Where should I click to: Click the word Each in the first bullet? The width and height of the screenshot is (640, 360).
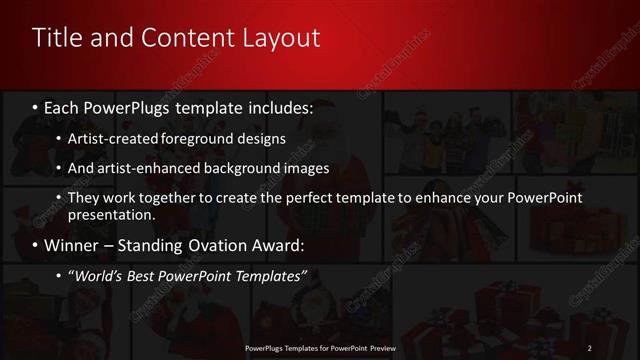coord(63,106)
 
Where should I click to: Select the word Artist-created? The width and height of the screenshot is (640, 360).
coord(111,138)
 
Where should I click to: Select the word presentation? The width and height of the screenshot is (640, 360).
coord(111,214)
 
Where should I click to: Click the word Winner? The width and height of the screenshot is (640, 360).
coord(71,245)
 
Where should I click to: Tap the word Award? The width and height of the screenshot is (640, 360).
coord(279,245)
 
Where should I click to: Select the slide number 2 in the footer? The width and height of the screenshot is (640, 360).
coord(590,347)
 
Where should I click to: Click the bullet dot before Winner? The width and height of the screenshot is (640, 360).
coord(36,246)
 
